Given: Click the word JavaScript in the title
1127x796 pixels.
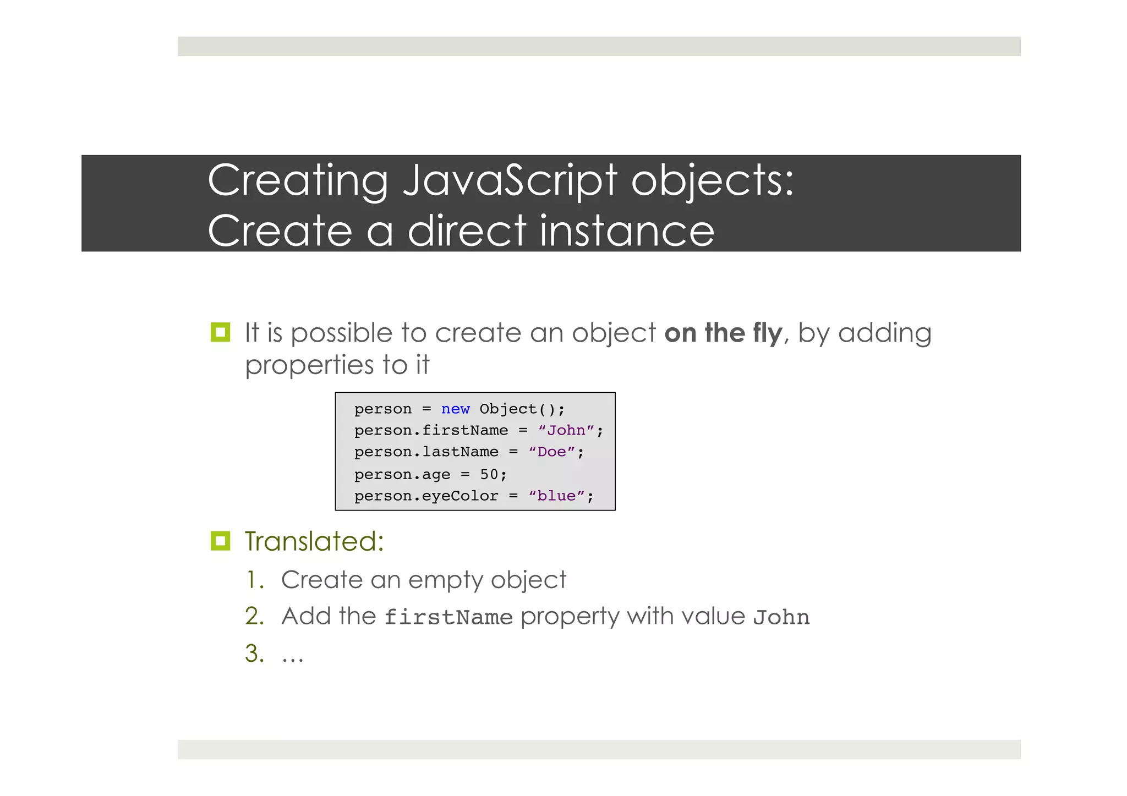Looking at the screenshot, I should (x=510, y=182).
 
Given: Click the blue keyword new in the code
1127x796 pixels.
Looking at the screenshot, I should (x=455, y=409).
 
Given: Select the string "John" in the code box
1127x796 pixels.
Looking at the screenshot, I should (x=566, y=431).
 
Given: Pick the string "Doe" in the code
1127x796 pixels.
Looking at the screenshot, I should (x=551, y=452).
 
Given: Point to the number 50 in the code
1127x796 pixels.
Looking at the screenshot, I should (x=489, y=474).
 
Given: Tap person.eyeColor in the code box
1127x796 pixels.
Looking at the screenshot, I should (x=426, y=496).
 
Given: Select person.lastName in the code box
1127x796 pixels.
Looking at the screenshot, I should (x=426, y=452).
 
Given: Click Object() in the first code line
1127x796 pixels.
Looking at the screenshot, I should (x=517, y=409).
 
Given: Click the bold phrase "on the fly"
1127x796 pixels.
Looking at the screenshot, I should (x=723, y=333).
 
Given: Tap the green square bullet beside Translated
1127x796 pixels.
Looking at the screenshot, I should (x=220, y=541).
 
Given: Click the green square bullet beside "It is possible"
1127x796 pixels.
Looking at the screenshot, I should (x=220, y=332).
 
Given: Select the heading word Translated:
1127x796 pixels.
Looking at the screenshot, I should (x=314, y=541).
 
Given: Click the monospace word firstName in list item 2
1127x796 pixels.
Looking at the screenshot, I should (x=448, y=617).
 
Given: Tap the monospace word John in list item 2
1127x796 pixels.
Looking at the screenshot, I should (x=781, y=617).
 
